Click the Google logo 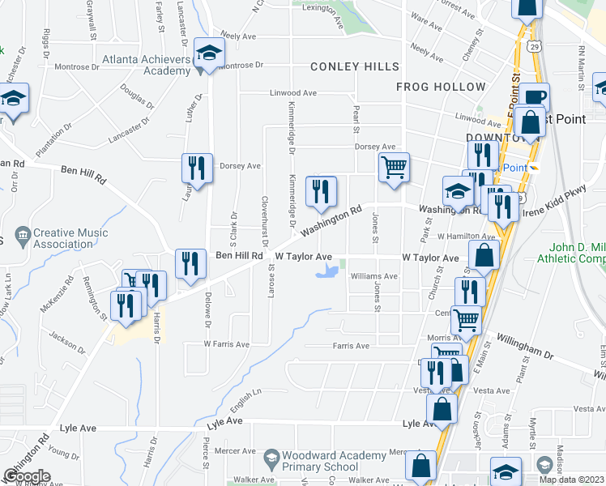point(26,476)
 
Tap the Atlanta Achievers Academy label point(146,65)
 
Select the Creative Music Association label point(70,239)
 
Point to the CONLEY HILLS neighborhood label point(353,66)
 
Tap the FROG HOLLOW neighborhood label point(441,87)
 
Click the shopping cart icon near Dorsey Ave point(394,168)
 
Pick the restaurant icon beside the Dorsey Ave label point(198,168)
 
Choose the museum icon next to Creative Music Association point(22,235)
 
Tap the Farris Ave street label point(350,346)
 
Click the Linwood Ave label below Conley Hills point(293,93)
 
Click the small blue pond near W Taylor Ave point(326,271)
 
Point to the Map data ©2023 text point(570,480)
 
